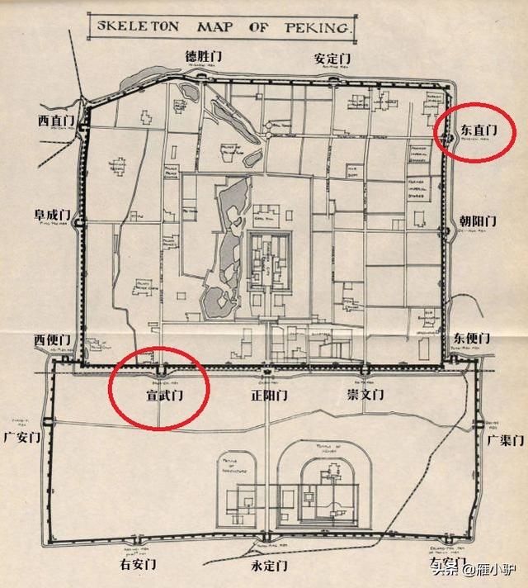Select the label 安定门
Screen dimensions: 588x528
[332, 59]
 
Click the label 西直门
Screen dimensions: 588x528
[55, 121]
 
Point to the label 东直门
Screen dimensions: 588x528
[477, 130]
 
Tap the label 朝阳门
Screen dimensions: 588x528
[478, 221]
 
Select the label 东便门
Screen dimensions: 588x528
[472, 339]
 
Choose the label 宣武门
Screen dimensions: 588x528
[158, 396]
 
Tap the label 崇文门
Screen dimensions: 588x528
[365, 396]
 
